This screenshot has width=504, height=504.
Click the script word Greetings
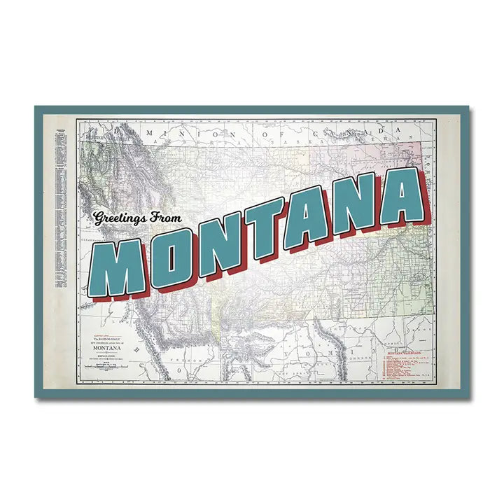pos(118,218)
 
